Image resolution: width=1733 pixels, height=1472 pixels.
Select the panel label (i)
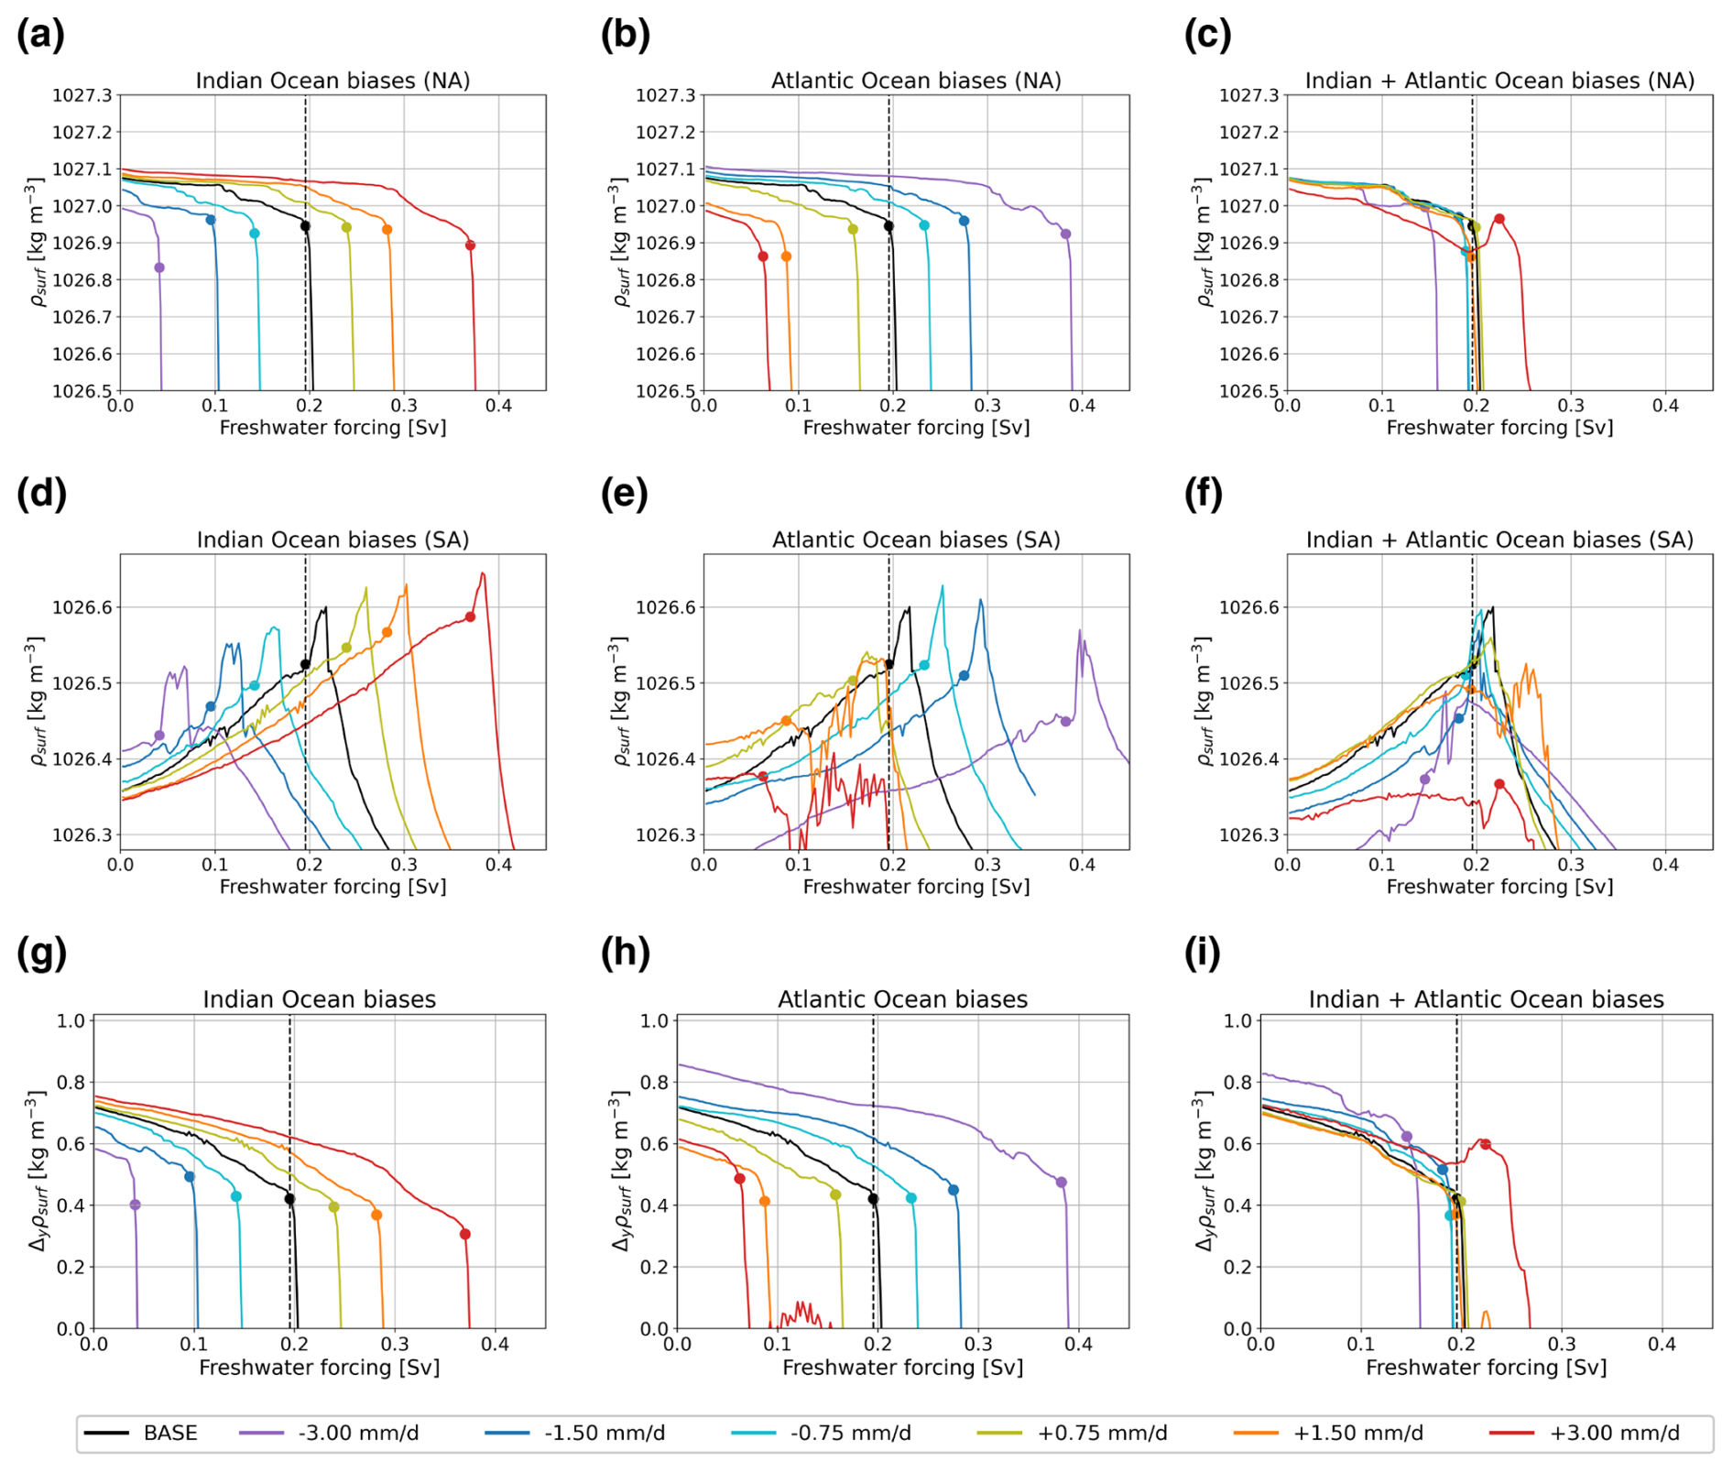click(1207, 954)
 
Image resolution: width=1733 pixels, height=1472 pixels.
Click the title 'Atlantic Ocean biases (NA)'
click(916, 81)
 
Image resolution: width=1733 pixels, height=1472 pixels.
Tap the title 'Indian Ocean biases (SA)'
click(332, 540)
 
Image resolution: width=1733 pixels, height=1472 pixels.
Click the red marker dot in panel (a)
click(470, 245)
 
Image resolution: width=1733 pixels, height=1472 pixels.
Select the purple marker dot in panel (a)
click(159, 267)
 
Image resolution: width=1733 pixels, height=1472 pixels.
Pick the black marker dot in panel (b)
click(888, 226)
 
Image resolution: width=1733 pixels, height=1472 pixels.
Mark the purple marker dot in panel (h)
click(1062, 1183)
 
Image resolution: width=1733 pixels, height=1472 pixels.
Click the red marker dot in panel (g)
click(465, 1235)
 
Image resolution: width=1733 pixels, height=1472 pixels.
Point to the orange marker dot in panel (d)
click(387, 633)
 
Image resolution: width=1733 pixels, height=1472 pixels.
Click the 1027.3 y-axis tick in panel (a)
click(82, 95)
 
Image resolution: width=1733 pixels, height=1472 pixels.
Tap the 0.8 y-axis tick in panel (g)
click(71, 1083)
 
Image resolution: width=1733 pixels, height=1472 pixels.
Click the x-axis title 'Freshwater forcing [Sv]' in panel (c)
click(1499, 428)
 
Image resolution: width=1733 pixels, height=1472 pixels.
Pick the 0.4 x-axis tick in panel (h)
click(1079, 1345)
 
